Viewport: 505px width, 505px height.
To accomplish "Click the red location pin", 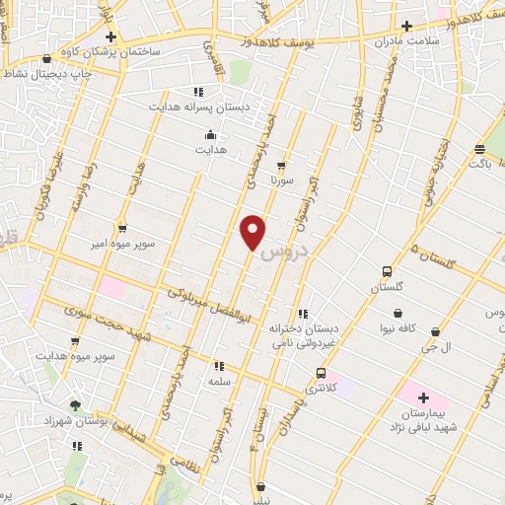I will point(253,231).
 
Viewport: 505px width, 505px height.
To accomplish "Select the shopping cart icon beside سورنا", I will point(283,166).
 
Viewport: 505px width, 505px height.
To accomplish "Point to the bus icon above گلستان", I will point(386,271).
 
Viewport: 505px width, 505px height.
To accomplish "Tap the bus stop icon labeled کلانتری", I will point(321,373).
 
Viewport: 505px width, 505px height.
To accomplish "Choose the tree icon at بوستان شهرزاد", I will point(76,405).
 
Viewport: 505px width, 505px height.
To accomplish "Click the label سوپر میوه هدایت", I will point(75,355).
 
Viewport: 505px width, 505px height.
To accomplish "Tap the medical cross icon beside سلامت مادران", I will point(406,27).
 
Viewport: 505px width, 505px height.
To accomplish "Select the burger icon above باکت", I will point(479,150).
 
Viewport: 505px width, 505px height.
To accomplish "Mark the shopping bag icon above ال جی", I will point(435,333).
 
